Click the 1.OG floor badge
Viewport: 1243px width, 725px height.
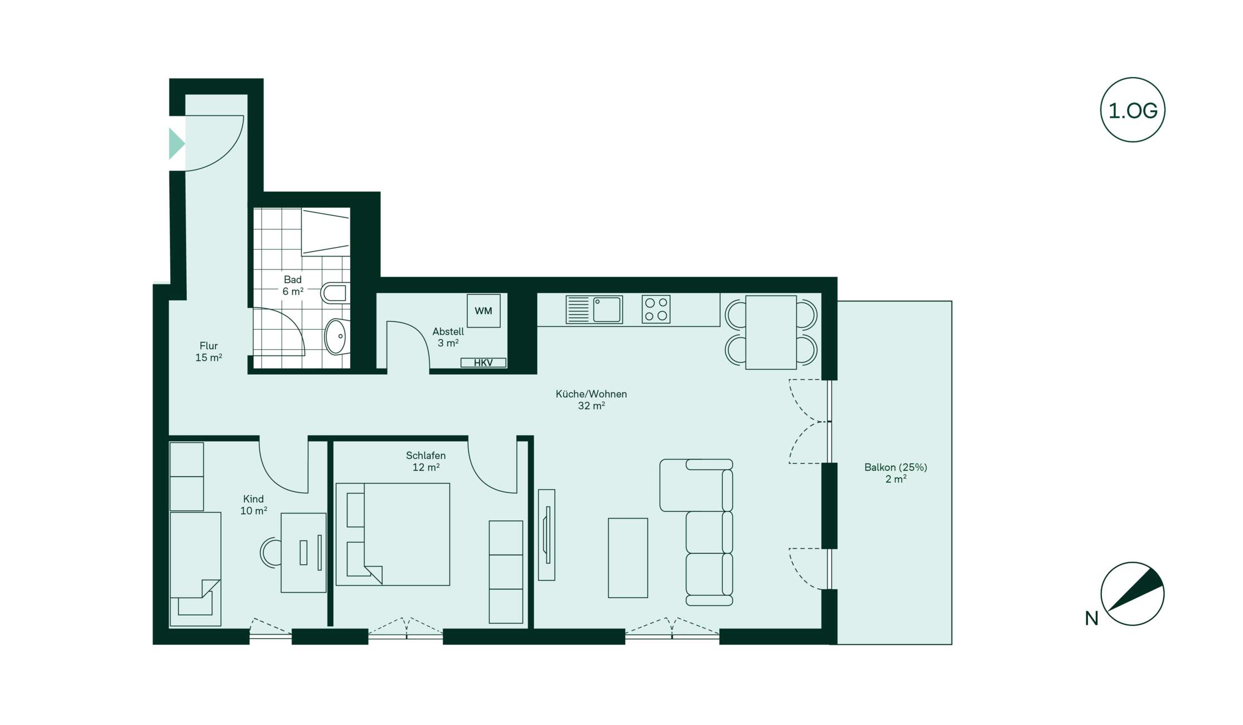(1133, 110)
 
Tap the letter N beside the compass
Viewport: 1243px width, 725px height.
(1091, 618)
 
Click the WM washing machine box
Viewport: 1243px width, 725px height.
(483, 311)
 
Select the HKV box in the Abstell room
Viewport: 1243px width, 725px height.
(483, 362)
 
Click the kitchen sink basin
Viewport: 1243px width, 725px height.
(607, 310)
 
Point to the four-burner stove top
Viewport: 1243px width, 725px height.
(656, 310)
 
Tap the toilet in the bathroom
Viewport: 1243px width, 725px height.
(335, 293)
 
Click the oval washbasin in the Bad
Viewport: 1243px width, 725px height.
(336, 336)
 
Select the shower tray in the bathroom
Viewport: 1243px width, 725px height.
(326, 232)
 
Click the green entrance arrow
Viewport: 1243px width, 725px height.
(176, 144)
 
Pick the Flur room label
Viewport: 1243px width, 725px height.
(209, 352)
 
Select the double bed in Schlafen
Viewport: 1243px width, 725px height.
(393, 534)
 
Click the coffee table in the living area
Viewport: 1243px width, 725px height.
(628, 558)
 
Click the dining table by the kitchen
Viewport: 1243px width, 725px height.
(771, 332)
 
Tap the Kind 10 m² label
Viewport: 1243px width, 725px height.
(254, 505)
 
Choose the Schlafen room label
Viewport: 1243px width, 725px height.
(425, 461)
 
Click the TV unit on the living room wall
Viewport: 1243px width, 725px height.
(546, 535)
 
